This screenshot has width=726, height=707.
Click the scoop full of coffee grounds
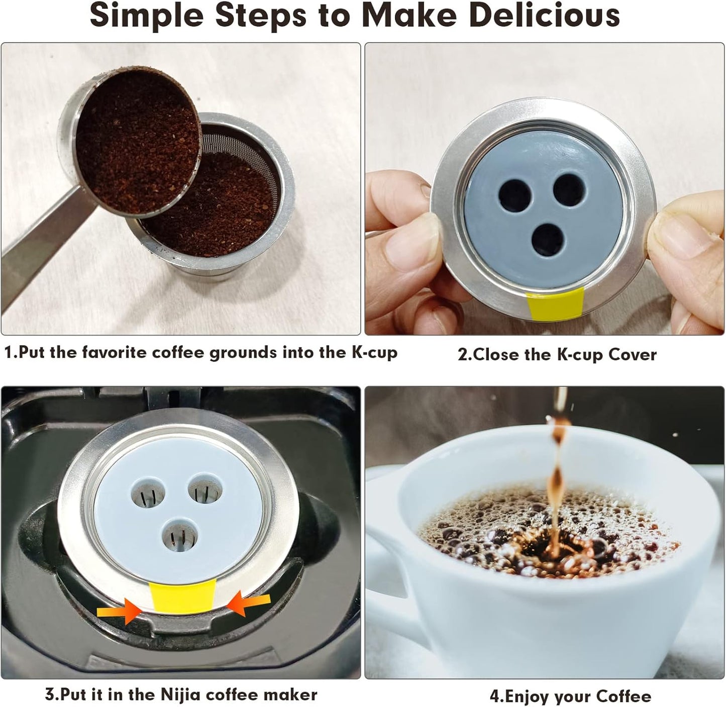tap(138, 141)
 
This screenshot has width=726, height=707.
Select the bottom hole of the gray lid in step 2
tap(548, 240)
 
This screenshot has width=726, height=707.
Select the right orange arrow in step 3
tap(249, 603)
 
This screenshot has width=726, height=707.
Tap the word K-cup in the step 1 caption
tap(374, 352)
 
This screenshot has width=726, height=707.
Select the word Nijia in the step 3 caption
tap(180, 694)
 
